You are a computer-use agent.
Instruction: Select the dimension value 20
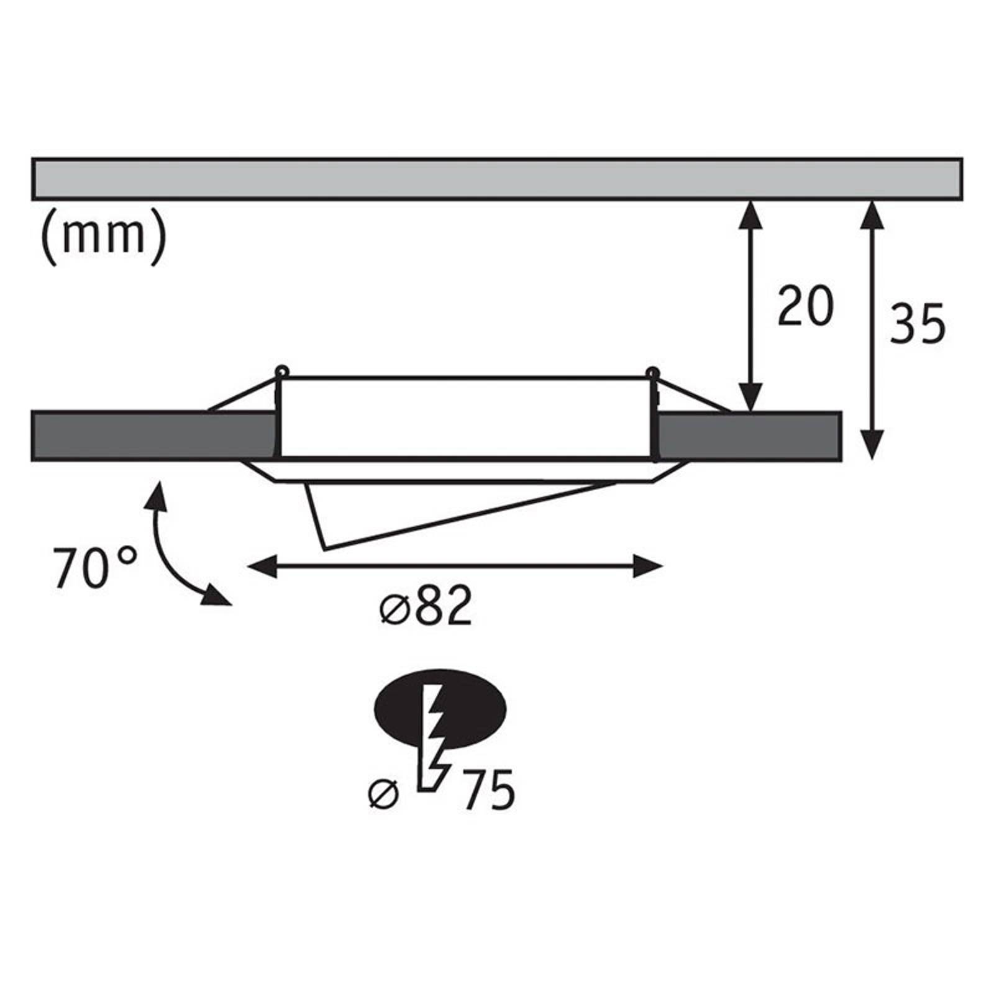(x=805, y=306)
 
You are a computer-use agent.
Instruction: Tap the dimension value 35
(x=918, y=323)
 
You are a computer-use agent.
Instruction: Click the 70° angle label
(x=94, y=568)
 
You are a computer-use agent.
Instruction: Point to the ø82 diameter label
(x=426, y=605)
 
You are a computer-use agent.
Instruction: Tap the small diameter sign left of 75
(x=383, y=795)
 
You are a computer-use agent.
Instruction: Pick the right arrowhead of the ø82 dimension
(x=648, y=567)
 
